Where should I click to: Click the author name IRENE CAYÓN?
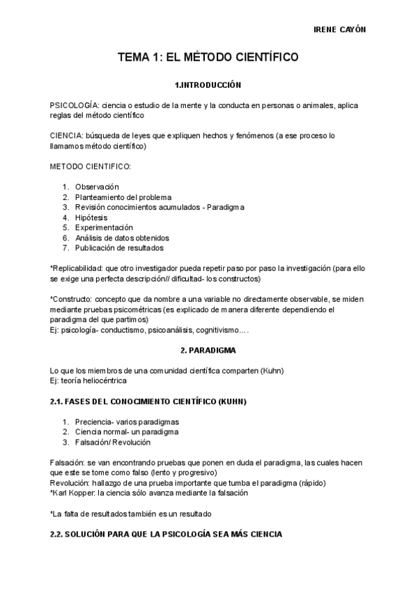point(341,29)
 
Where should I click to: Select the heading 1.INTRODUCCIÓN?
point(208,85)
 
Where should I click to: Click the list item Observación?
point(97,187)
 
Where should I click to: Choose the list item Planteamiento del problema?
point(123,197)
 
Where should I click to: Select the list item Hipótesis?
point(91,217)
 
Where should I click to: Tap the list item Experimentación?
point(104,227)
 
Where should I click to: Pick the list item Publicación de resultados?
point(119,247)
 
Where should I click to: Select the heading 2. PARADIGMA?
point(208,350)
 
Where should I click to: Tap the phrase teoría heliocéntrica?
point(95,381)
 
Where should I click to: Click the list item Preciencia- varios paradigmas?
point(127,422)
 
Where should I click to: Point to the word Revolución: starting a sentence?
point(71,483)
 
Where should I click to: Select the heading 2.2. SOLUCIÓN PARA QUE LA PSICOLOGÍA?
point(165,534)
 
